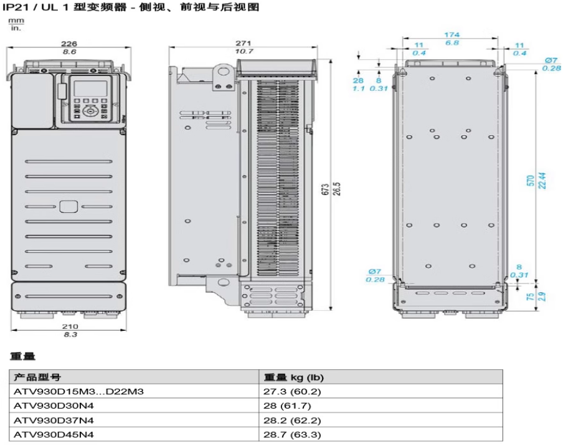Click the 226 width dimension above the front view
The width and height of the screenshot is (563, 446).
[70, 44]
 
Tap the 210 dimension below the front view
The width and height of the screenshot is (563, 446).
[70, 326]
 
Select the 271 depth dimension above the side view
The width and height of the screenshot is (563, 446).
[244, 44]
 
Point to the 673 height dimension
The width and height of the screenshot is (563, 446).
[325, 189]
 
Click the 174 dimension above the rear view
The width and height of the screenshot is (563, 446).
[452, 36]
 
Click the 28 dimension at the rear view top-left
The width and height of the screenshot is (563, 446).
[358, 80]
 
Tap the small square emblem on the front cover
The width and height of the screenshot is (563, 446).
[69, 207]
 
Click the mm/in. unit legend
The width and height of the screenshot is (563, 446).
[14, 24]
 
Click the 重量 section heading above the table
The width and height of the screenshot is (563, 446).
[23, 356]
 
